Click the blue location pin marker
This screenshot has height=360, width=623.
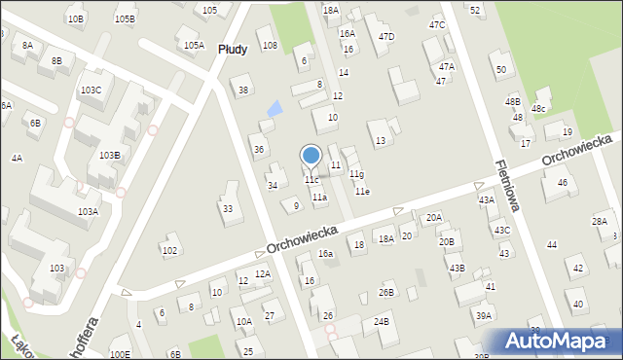click(311, 156)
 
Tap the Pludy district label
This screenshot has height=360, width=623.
click(233, 49)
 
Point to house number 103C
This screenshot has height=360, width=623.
click(91, 90)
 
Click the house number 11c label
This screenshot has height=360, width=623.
click(311, 180)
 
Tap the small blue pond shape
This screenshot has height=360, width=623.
click(275, 108)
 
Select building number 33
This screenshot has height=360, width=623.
click(228, 208)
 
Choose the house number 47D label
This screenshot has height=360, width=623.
click(386, 37)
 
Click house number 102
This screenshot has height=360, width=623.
click(169, 250)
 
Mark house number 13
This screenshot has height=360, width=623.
click(381, 141)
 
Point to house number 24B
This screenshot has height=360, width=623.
click(381, 321)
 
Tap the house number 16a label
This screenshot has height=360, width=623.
click(326, 253)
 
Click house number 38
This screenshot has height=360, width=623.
click(243, 90)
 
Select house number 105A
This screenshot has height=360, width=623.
click(194, 45)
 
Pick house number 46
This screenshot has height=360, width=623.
click(562, 183)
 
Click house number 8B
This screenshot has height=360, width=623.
click(56, 60)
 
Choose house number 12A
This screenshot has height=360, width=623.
click(262, 274)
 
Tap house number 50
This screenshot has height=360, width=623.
click(500, 69)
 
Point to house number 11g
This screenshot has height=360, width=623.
click(357, 174)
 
